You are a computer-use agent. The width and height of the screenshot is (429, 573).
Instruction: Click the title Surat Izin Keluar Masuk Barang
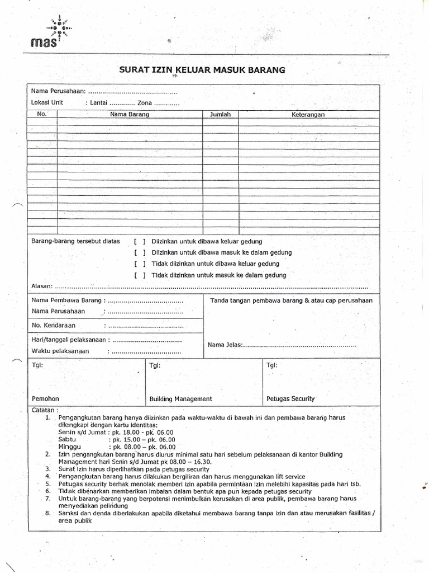click(202, 70)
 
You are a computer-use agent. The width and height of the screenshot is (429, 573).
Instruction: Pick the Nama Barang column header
click(130, 114)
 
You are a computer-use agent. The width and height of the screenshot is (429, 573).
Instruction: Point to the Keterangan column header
click(308, 114)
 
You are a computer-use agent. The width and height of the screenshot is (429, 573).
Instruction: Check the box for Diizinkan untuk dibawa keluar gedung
click(140, 242)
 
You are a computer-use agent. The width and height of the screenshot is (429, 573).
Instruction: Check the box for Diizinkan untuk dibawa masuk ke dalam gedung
click(140, 253)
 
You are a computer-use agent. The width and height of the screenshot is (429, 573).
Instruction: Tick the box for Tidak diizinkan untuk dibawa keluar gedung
click(140, 264)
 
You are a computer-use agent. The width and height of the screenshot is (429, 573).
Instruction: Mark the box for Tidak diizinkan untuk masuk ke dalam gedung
click(140, 275)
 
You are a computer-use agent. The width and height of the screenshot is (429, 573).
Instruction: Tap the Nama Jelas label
click(225, 345)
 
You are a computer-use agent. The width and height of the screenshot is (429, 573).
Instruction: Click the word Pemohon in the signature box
click(45, 399)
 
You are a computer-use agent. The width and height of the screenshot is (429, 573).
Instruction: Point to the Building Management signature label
click(180, 399)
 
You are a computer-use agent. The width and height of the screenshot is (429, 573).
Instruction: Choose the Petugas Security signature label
click(290, 399)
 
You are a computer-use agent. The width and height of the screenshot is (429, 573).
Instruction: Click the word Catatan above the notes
click(45, 410)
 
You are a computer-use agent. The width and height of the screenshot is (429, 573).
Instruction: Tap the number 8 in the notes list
click(48, 513)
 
